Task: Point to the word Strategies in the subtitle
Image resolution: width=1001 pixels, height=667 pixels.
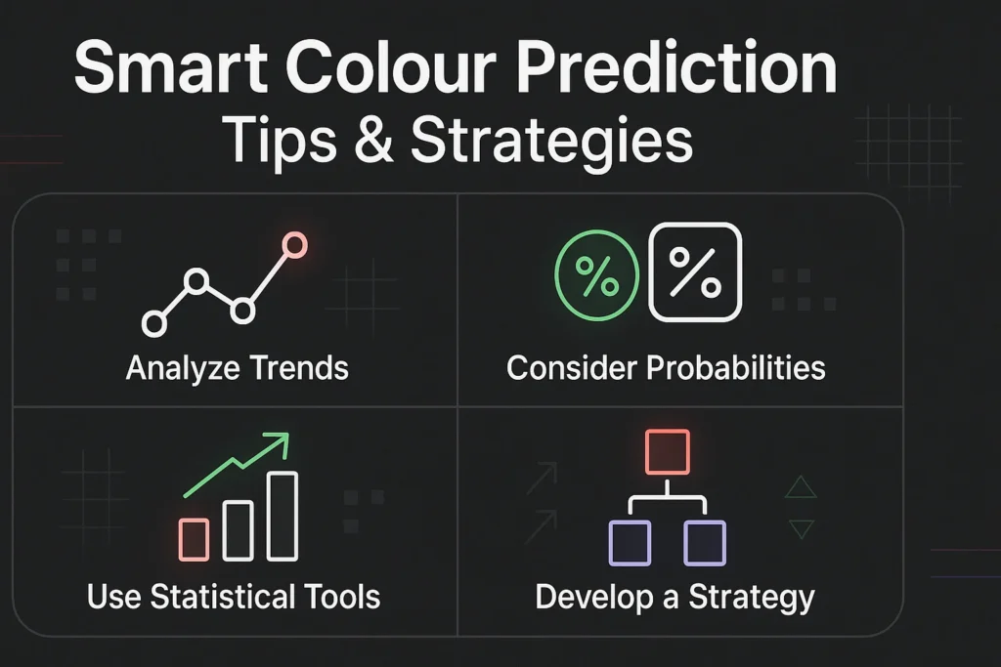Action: [x=551, y=142]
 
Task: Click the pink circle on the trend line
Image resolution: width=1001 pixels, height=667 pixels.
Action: [x=293, y=245]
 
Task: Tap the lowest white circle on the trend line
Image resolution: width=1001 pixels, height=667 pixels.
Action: [x=154, y=321]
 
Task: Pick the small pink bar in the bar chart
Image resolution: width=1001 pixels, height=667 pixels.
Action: [x=195, y=539]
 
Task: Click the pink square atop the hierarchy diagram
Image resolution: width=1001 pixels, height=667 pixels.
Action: [x=669, y=451]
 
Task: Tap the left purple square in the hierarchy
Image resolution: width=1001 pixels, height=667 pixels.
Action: [x=630, y=542]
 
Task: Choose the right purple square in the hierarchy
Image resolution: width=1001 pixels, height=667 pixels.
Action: [x=705, y=542]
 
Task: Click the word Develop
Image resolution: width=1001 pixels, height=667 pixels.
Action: [x=582, y=597]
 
